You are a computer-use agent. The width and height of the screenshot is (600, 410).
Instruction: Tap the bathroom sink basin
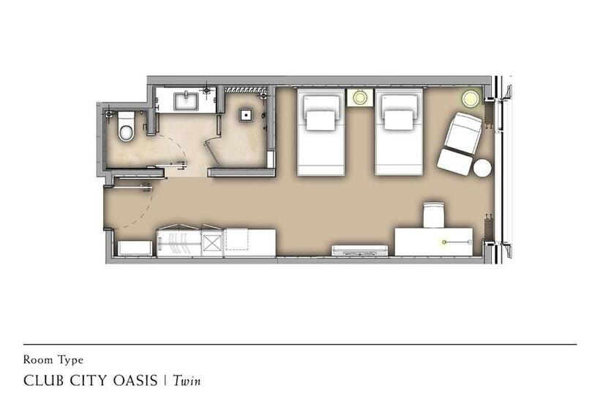[187, 100]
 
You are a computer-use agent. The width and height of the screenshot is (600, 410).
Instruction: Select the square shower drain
[246, 114]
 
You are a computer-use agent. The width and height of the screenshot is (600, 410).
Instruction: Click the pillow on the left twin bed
[320, 120]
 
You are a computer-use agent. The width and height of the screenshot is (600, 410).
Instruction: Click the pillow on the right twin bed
[399, 120]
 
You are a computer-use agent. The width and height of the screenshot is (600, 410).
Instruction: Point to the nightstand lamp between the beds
[360, 97]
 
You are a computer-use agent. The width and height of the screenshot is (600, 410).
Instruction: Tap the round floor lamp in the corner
[470, 98]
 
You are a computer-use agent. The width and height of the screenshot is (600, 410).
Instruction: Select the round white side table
[482, 168]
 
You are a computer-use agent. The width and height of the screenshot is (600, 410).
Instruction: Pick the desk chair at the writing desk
[434, 215]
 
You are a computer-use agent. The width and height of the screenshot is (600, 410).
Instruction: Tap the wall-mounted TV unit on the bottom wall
[360, 250]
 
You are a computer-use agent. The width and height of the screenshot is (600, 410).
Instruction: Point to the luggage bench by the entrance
[135, 248]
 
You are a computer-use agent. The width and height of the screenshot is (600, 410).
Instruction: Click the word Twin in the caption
[187, 381]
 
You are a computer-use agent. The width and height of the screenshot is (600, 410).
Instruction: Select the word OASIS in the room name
[135, 381]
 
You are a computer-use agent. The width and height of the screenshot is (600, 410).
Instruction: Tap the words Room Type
[53, 360]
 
